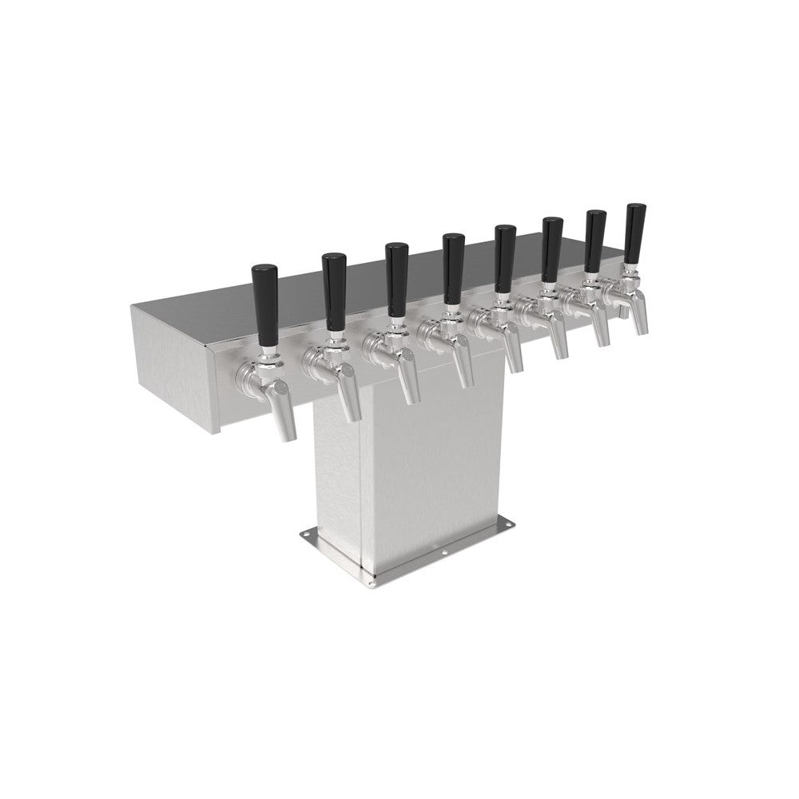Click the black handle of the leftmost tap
pyautogui.click(x=264, y=294)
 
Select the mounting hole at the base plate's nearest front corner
pyautogui.click(x=374, y=571)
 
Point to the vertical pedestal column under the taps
pyautogui.click(x=415, y=471)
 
